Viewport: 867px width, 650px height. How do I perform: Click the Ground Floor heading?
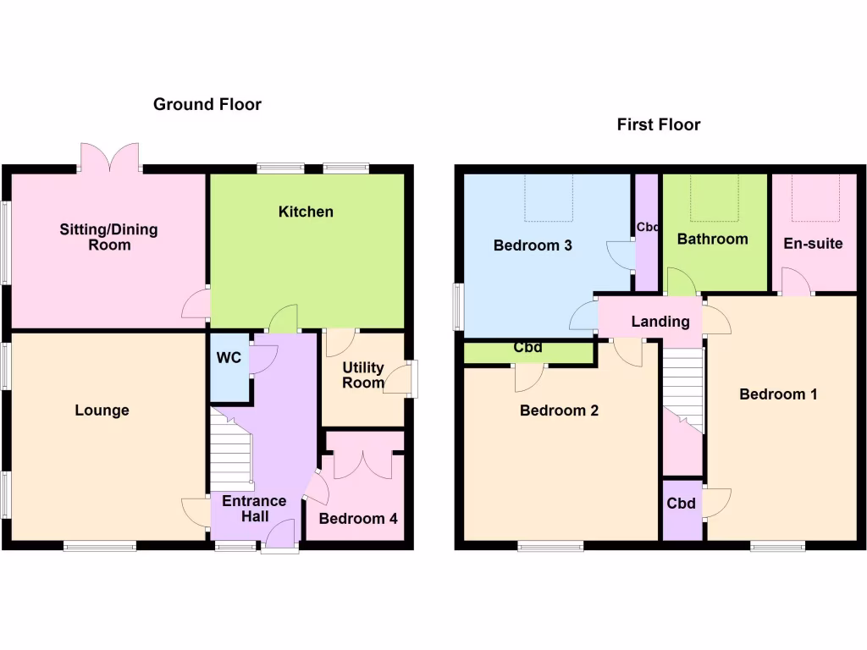click(x=207, y=104)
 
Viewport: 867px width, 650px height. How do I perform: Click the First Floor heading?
click(x=659, y=124)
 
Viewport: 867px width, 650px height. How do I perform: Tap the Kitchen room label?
click(x=306, y=212)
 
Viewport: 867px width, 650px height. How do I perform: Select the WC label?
click(x=229, y=358)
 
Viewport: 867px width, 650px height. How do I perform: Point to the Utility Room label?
click(x=363, y=375)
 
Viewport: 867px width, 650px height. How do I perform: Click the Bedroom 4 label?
click(x=358, y=518)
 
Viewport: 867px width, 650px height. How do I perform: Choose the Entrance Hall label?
click(x=254, y=509)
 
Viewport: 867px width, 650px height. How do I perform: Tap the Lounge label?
click(x=102, y=410)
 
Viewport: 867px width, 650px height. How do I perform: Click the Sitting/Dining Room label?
click(x=108, y=237)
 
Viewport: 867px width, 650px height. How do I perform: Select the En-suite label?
click(x=813, y=244)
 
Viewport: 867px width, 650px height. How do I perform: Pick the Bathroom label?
click(x=712, y=239)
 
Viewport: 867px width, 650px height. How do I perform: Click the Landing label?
click(x=660, y=322)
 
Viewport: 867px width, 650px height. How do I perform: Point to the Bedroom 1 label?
click(x=778, y=394)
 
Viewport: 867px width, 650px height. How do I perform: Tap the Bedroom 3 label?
click(x=533, y=245)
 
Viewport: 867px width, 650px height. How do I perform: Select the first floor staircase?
click(x=682, y=389)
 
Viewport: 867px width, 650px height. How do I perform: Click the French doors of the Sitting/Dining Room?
click(x=109, y=158)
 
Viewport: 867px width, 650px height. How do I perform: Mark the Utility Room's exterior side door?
click(x=411, y=378)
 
